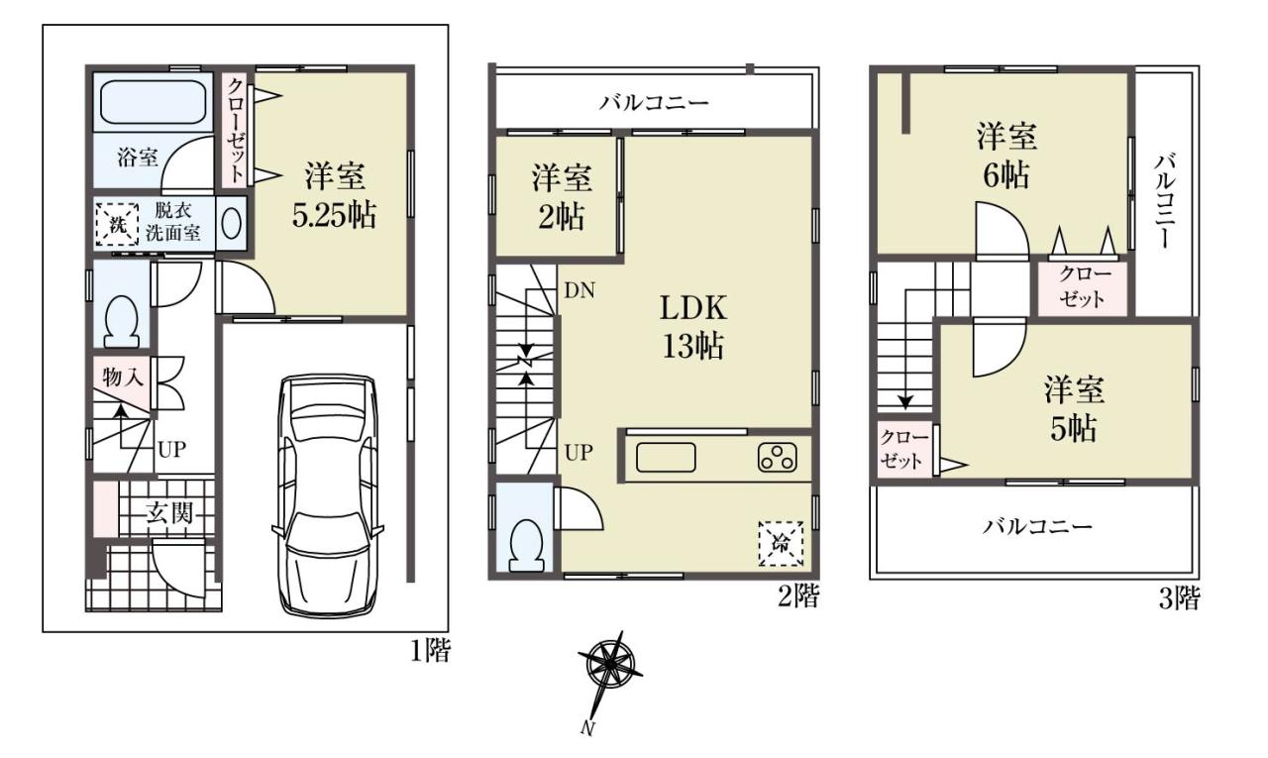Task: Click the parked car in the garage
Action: pos(328,496)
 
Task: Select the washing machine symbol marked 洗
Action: pos(117,224)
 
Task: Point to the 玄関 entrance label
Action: pos(169,513)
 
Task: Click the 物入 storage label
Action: pos(122,377)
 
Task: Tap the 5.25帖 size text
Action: pos(334,215)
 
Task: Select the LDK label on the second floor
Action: pos(693,309)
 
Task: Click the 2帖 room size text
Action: pos(561,217)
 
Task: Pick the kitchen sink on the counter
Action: pos(666,458)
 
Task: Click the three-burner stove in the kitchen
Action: pos(778,458)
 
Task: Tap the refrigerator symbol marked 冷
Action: pos(781,543)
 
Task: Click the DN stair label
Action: pos(580,291)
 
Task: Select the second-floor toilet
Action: pos(526,546)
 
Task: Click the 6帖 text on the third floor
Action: pos(1005,175)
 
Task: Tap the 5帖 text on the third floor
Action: pos(1073,428)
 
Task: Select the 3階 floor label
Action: pos(1179,598)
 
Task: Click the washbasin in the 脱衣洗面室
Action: pos(231,224)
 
